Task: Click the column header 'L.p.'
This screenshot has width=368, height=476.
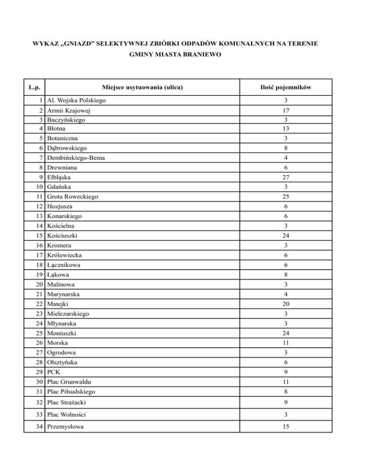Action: point(34,88)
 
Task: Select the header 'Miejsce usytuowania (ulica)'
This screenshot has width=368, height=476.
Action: point(143,88)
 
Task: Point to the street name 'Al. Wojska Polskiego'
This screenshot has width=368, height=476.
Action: point(76,101)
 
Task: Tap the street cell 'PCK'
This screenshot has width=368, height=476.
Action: point(54,372)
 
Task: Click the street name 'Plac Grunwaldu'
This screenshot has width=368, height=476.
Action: point(70,382)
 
